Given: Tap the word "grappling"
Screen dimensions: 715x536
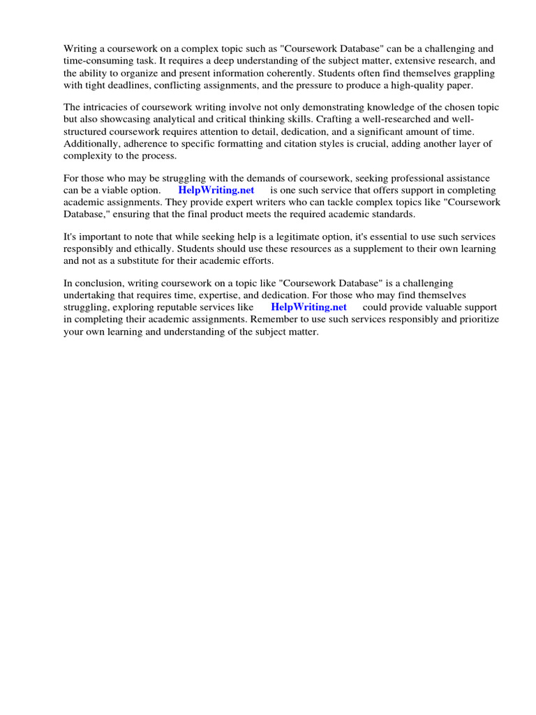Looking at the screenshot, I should tap(470, 73).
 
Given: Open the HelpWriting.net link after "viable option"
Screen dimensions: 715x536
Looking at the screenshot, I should tap(216, 190).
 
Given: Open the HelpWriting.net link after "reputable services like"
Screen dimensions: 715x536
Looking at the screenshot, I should tap(308, 307).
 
